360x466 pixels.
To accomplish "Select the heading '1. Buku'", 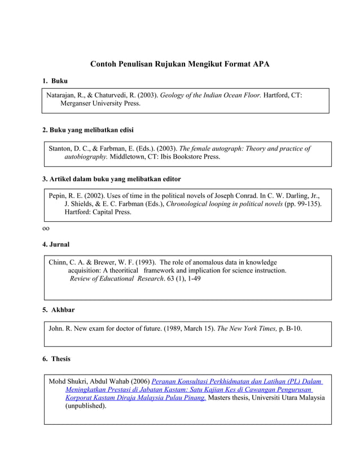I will point(55,82).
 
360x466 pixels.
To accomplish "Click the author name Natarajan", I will point(65,95).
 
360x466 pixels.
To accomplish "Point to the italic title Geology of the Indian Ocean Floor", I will point(211,95).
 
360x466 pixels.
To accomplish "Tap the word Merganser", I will point(79,104).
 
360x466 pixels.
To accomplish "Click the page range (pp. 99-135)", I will point(303,204).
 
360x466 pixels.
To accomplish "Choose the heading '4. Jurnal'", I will point(56,244).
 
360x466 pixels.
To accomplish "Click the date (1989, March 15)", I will point(189,328).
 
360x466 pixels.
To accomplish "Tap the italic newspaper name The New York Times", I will point(247,328).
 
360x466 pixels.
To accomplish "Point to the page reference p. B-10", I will point(291,328).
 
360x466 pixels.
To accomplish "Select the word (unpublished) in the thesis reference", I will point(85,406).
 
